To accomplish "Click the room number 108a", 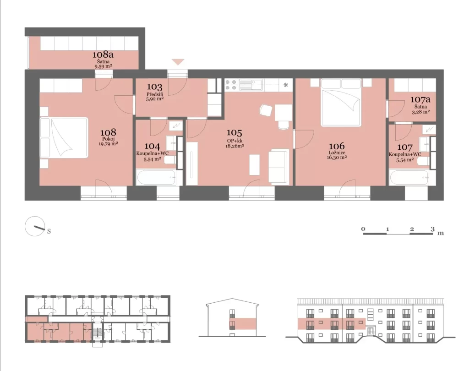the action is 103,55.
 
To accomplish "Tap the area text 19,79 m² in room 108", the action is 108,144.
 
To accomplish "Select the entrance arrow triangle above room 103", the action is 178,62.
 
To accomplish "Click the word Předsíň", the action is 155,94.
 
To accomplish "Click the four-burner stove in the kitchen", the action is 231,85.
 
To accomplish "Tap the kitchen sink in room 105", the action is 251,85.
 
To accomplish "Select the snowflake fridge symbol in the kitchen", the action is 286,85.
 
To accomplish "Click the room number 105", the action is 234,132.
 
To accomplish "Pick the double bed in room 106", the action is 341,102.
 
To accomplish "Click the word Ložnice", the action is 337,153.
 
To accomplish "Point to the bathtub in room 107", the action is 409,178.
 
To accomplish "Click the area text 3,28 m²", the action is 420,112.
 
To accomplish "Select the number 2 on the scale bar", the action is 412,229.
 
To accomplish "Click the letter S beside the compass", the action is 49,231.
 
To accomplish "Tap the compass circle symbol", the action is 35,226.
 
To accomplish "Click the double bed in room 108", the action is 64,137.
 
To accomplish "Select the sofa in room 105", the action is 279,166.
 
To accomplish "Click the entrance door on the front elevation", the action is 371,331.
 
